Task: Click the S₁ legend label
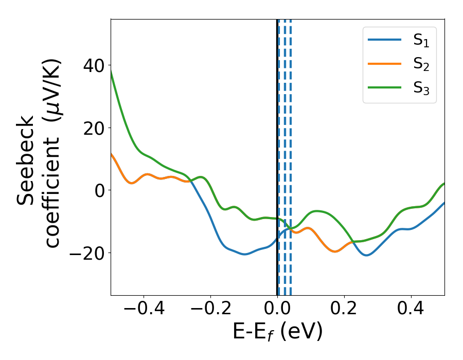tap(421, 41)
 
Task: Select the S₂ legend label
tap(421, 64)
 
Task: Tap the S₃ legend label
tap(421, 88)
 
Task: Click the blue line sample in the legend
tap(385, 40)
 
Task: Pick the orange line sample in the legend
tap(385, 64)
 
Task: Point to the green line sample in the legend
tap(385, 87)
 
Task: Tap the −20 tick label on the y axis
tap(85, 253)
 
